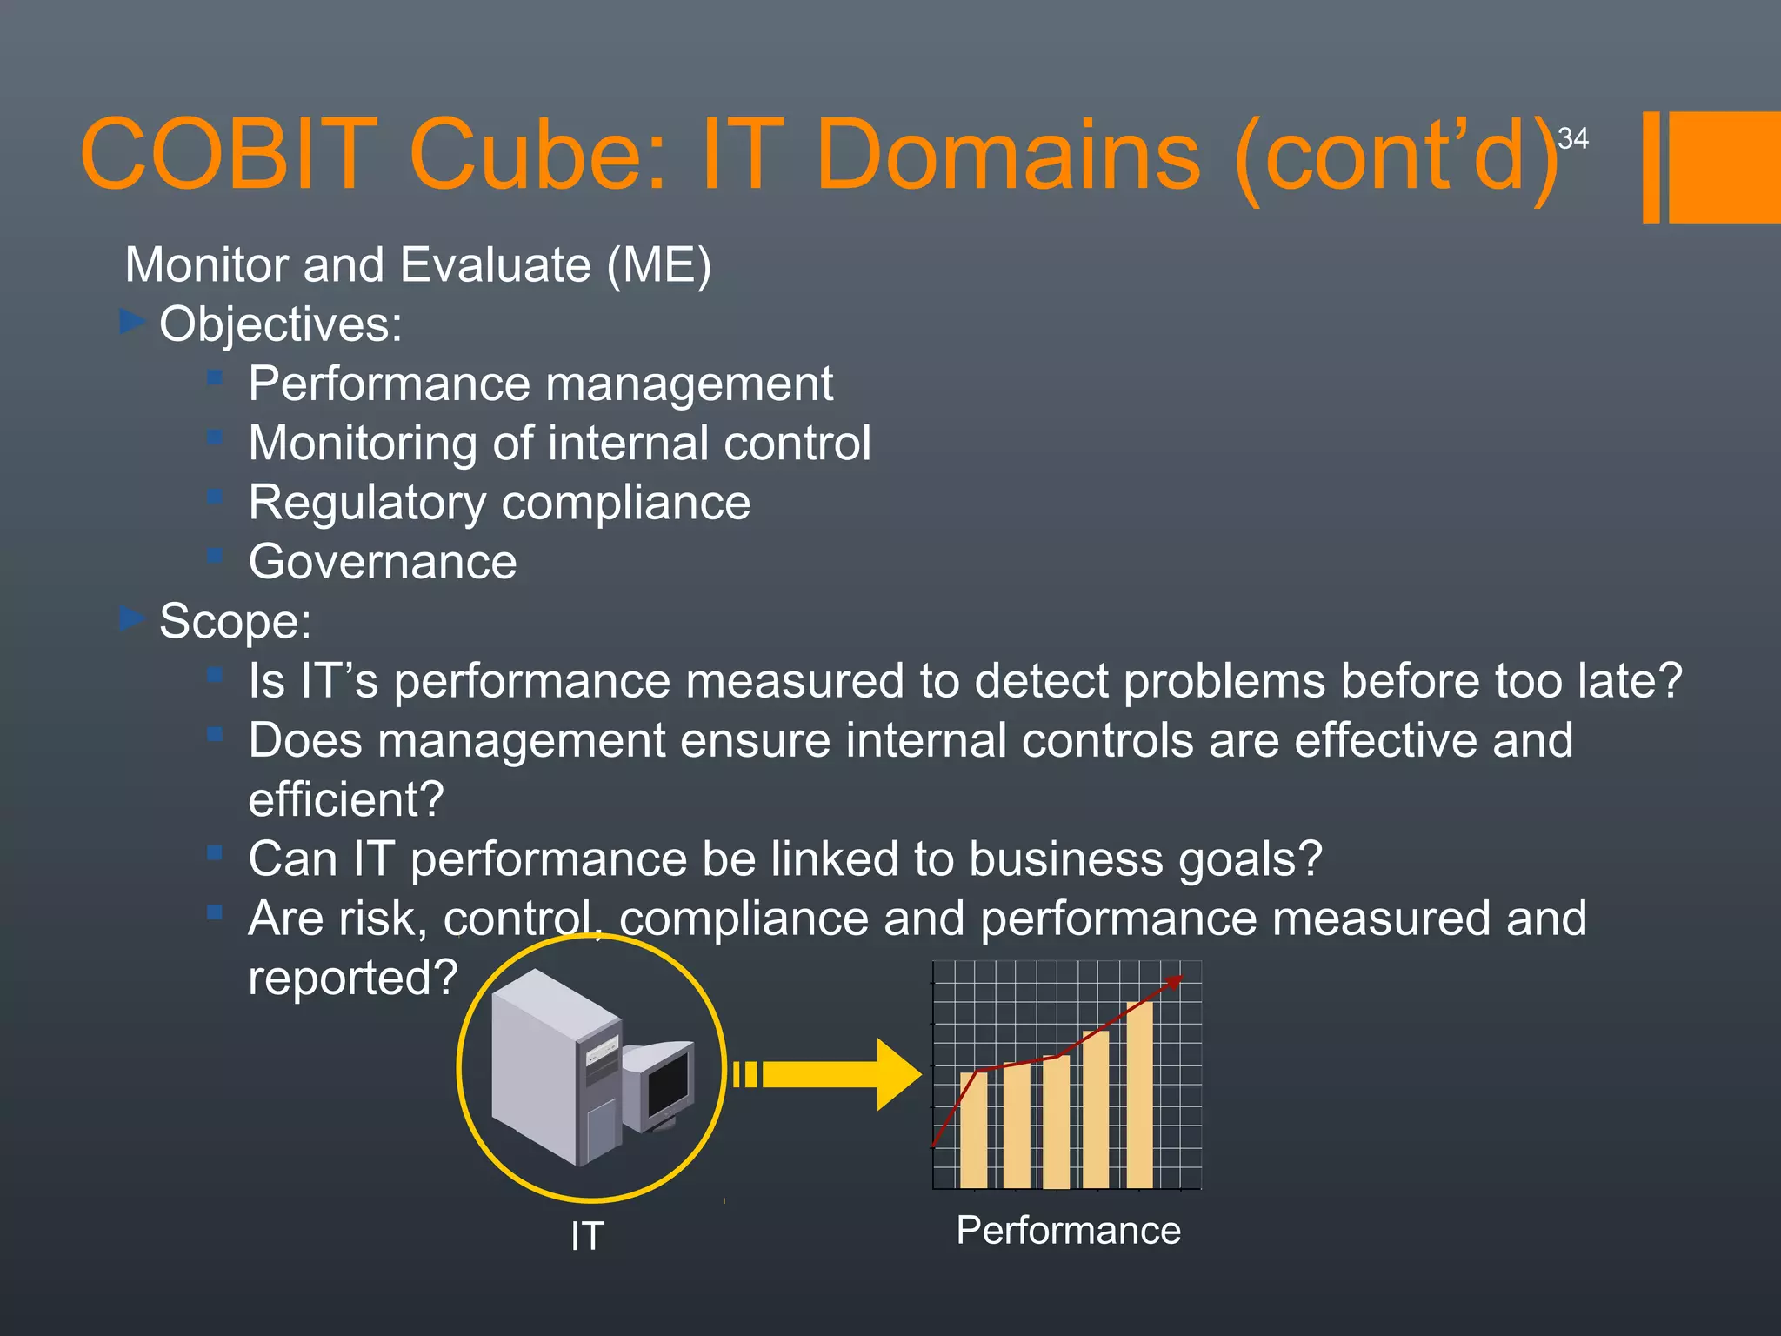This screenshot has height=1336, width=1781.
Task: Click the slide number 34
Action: (x=1572, y=138)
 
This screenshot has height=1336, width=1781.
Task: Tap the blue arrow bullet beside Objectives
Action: (x=131, y=322)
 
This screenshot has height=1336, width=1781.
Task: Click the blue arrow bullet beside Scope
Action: (x=131, y=618)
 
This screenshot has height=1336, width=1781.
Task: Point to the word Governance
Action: (x=383, y=562)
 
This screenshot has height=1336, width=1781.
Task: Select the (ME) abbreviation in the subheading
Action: (x=658, y=264)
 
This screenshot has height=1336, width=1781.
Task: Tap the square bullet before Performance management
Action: (x=215, y=377)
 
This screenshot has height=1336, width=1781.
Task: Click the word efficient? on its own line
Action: (x=346, y=799)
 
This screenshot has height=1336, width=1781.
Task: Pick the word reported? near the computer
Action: (x=352, y=978)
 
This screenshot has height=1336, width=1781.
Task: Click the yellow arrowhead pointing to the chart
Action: (x=897, y=1075)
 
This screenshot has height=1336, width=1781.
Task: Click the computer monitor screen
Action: (x=668, y=1086)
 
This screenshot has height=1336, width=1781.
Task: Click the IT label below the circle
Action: (x=587, y=1236)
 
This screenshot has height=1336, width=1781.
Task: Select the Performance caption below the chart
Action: (x=1068, y=1231)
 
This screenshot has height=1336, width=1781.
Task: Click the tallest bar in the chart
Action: (x=1139, y=1096)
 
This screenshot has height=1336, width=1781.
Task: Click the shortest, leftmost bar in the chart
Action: (x=973, y=1131)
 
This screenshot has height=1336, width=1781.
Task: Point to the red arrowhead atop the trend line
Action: (x=1174, y=982)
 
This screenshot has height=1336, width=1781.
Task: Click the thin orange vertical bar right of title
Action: (x=1651, y=167)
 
